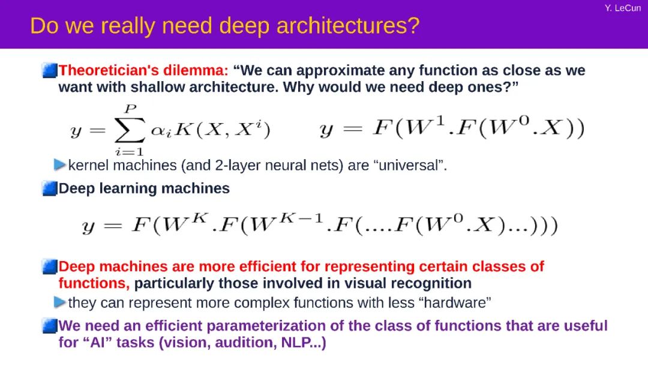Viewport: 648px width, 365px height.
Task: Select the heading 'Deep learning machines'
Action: [144, 189]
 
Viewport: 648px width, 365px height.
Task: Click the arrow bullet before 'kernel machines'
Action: [60, 164]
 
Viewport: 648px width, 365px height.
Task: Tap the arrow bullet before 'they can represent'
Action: [60, 302]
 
